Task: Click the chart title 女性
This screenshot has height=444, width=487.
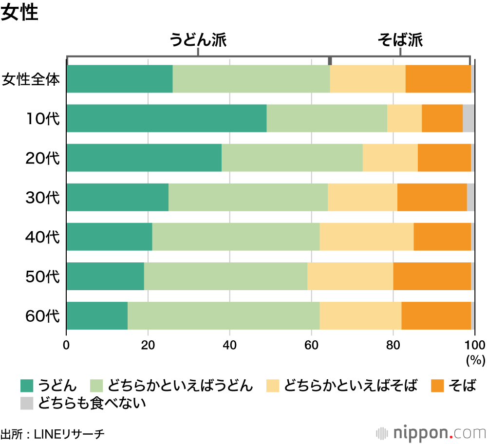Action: [x=19, y=13]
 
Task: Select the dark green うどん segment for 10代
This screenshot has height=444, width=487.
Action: [x=167, y=118]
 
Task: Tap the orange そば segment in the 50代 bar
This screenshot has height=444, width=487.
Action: [x=432, y=276]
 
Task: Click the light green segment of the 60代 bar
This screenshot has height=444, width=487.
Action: [x=223, y=315]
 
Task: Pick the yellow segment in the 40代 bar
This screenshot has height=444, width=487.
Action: [x=366, y=237]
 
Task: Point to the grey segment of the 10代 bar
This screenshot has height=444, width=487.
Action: [x=468, y=118]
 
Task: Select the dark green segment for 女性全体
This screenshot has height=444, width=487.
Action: [x=119, y=79]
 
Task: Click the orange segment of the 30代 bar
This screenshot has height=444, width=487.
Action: [x=432, y=197]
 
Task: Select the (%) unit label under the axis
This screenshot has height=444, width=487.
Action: [x=475, y=361]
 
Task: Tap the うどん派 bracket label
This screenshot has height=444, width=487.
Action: [x=198, y=40]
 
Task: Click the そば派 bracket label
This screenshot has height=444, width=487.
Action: [x=400, y=40]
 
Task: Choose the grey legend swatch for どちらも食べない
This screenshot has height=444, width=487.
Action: [x=26, y=403]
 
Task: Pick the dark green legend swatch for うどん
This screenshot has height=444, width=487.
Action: [x=26, y=386]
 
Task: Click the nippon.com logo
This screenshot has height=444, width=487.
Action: [x=431, y=432]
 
